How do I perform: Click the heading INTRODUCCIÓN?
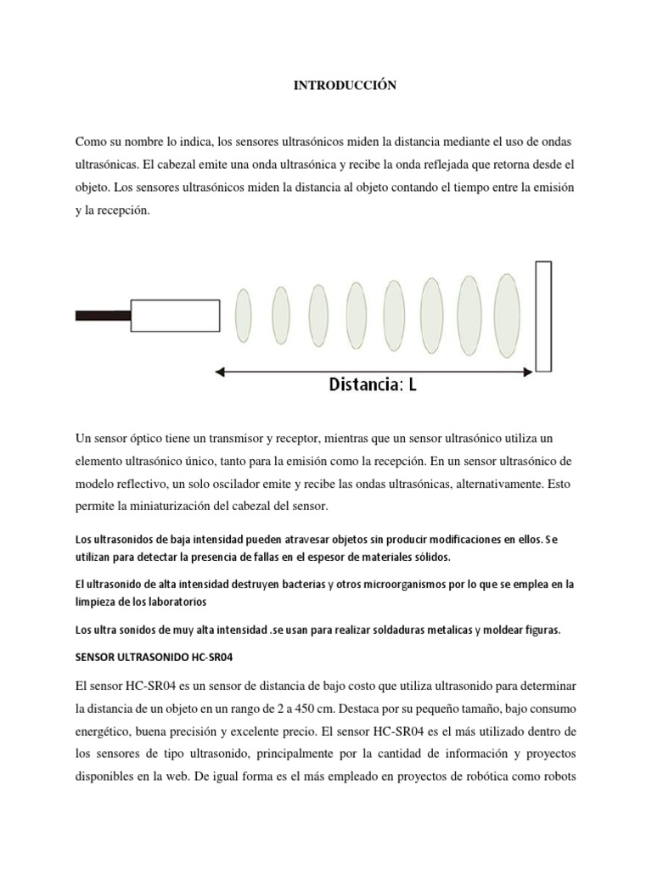click(345, 86)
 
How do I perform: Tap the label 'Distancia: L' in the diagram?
click(373, 384)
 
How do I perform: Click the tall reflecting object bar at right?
click(543, 317)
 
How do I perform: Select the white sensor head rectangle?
click(175, 316)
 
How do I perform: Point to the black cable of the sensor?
click(103, 316)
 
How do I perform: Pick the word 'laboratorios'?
click(176, 602)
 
